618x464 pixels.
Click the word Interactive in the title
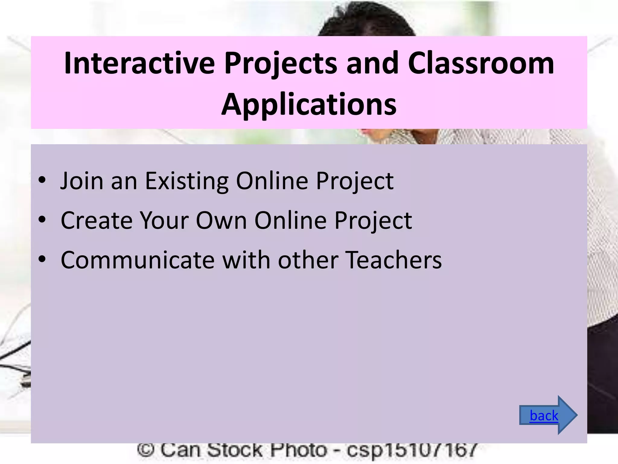139,63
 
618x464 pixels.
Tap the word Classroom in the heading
481,63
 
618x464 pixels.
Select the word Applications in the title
309,104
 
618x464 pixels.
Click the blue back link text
544,416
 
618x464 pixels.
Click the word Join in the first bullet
81,181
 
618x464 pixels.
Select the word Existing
186,181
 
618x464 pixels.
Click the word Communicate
137,260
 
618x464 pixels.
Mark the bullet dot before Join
42,180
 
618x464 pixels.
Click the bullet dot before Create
42,220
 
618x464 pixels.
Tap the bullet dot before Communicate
42,259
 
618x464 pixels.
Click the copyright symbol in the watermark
146,450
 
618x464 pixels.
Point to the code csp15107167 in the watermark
412,450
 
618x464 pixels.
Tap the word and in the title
372,63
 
